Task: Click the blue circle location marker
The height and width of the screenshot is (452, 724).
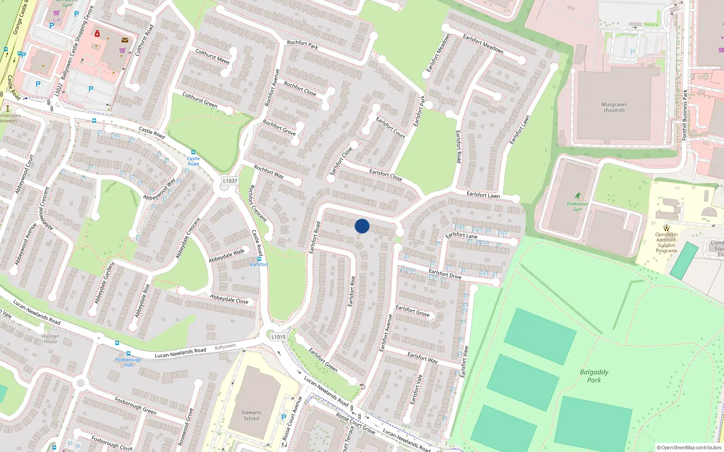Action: (x=362, y=226)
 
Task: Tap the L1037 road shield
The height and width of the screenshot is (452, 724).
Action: (x=230, y=181)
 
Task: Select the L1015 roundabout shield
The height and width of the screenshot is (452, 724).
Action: (x=278, y=337)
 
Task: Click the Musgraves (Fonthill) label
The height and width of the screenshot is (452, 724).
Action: (x=614, y=107)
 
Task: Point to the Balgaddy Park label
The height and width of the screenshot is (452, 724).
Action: (x=594, y=376)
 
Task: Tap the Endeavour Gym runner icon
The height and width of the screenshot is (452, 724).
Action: (x=577, y=196)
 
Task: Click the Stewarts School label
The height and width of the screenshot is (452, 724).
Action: (x=252, y=415)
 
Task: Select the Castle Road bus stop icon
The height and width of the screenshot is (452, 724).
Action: (x=193, y=153)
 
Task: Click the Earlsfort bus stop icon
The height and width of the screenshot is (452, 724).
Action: (x=259, y=259)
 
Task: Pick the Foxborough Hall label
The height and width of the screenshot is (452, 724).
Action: (x=129, y=362)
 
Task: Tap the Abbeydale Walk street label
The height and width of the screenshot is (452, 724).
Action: (x=226, y=256)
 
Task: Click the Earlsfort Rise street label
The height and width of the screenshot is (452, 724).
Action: (x=352, y=292)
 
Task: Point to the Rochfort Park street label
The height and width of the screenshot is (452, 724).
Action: (x=302, y=44)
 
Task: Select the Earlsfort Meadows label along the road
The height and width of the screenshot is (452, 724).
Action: (x=483, y=44)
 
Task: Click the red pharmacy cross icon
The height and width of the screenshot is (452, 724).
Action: (x=97, y=33)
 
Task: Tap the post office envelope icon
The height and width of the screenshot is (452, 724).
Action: (x=124, y=40)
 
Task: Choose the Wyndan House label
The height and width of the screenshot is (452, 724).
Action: (x=50, y=339)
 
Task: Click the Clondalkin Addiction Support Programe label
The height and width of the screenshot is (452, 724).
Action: (x=666, y=243)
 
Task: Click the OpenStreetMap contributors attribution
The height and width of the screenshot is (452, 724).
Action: (x=689, y=448)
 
